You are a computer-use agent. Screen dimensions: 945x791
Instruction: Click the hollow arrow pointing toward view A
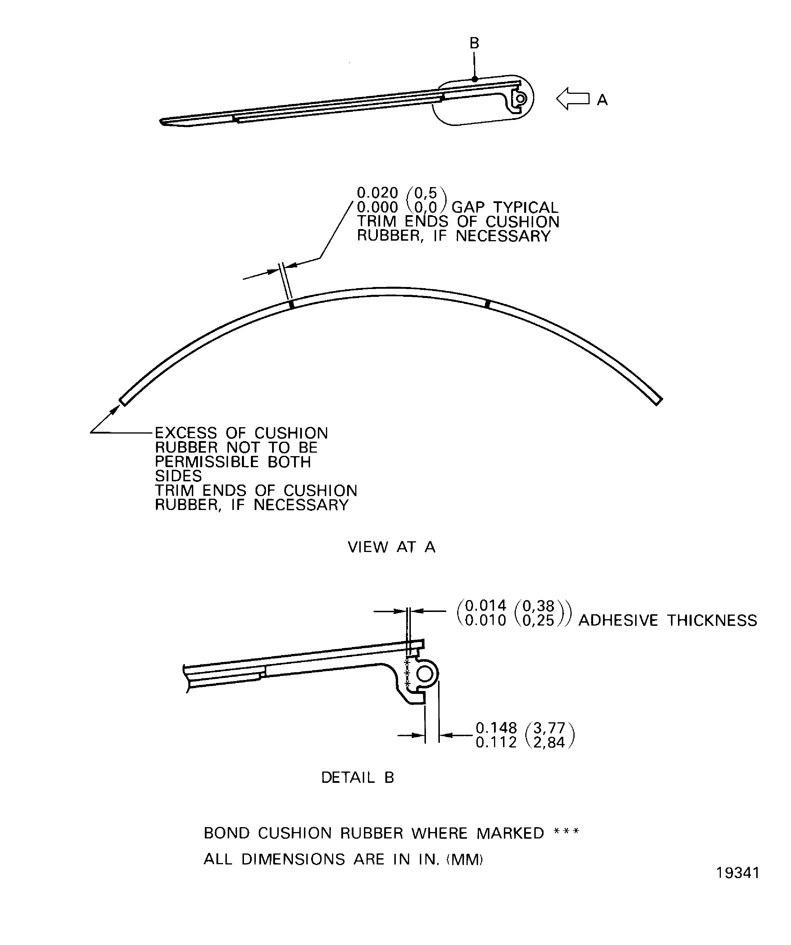pyautogui.click(x=572, y=98)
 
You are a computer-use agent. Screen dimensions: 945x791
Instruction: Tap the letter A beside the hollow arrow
pyautogui.click(x=602, y=100)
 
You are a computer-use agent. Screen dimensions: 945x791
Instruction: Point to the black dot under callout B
pyautogui.click(x=475, y=79)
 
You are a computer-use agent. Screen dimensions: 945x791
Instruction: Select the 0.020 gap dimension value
pyautogui.click(x=377, y=193)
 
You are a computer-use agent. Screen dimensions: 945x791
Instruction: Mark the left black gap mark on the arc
pyautogui.click(x=291, y=305)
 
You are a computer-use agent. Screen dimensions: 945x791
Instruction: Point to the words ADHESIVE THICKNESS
pyautogui.click(x=668, y=621)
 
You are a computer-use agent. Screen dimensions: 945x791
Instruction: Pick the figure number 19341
pyautogui.click(x=737, y=886)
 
